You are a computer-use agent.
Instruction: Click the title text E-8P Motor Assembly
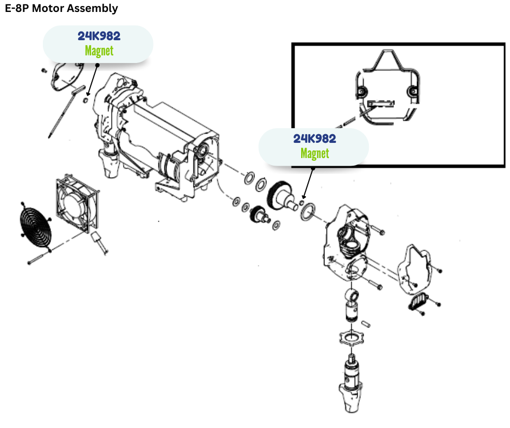[x=61, y=8]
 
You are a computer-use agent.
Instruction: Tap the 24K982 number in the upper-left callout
[x=99, y=37]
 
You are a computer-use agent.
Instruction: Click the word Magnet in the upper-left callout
[x=99, y=51]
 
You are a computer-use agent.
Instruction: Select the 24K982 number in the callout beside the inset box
[x=315, y=139]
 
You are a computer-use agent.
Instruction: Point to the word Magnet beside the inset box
[x=315, y=153]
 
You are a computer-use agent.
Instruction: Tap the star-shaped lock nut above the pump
[x=352, y=340]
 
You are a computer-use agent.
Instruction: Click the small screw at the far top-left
[x=43, y=71]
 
